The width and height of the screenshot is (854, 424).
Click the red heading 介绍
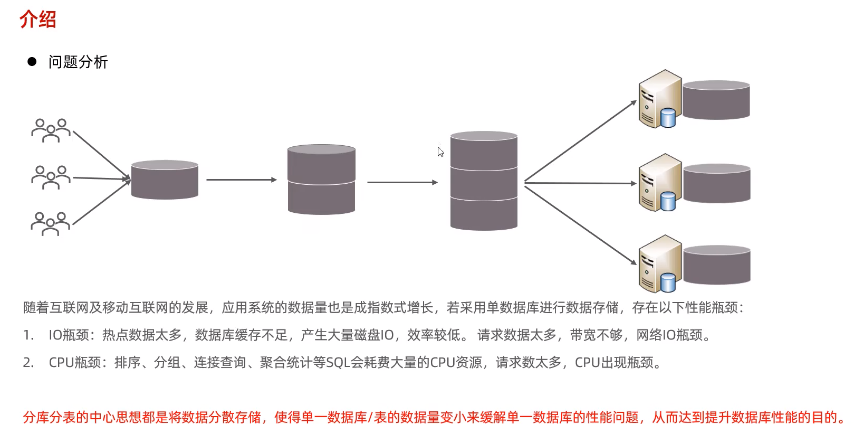pos(37,20)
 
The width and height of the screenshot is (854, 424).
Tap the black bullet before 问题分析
pos(32,62)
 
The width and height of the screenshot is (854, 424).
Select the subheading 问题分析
pos(78,62)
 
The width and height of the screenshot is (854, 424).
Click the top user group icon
pos(51,130)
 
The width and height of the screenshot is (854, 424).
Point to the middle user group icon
pos(51,177)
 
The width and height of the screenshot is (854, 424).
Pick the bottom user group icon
pos(51,223)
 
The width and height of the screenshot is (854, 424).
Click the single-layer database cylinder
pos(165,180)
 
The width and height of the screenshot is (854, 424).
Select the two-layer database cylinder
pos(321,180)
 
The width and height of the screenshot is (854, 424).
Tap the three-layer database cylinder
pos(484,181)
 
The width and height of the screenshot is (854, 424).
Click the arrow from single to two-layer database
pos(241,180)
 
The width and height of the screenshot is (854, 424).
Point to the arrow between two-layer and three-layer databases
pos(402,183)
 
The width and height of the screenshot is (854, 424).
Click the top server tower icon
pos(659,99)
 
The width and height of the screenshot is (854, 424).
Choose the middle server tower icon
pos(659,183)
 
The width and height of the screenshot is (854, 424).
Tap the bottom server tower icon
pos(659,264)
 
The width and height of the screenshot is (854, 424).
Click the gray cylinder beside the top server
pos(716,100)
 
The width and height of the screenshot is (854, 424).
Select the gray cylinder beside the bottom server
pos(716,265)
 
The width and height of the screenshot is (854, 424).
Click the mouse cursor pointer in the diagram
pos(440,152)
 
